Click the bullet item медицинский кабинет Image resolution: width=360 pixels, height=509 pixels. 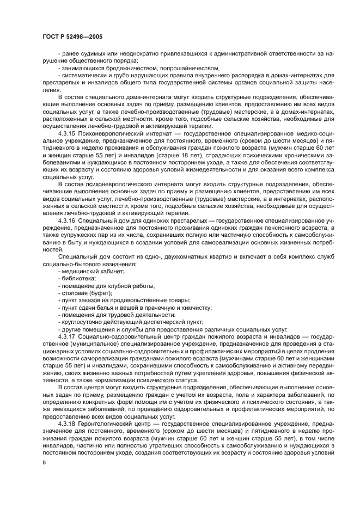[x=93, y=271]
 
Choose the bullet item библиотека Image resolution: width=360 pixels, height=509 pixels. [x=80, y=278]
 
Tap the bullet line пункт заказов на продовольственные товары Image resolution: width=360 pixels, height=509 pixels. [x=125, y=300]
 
